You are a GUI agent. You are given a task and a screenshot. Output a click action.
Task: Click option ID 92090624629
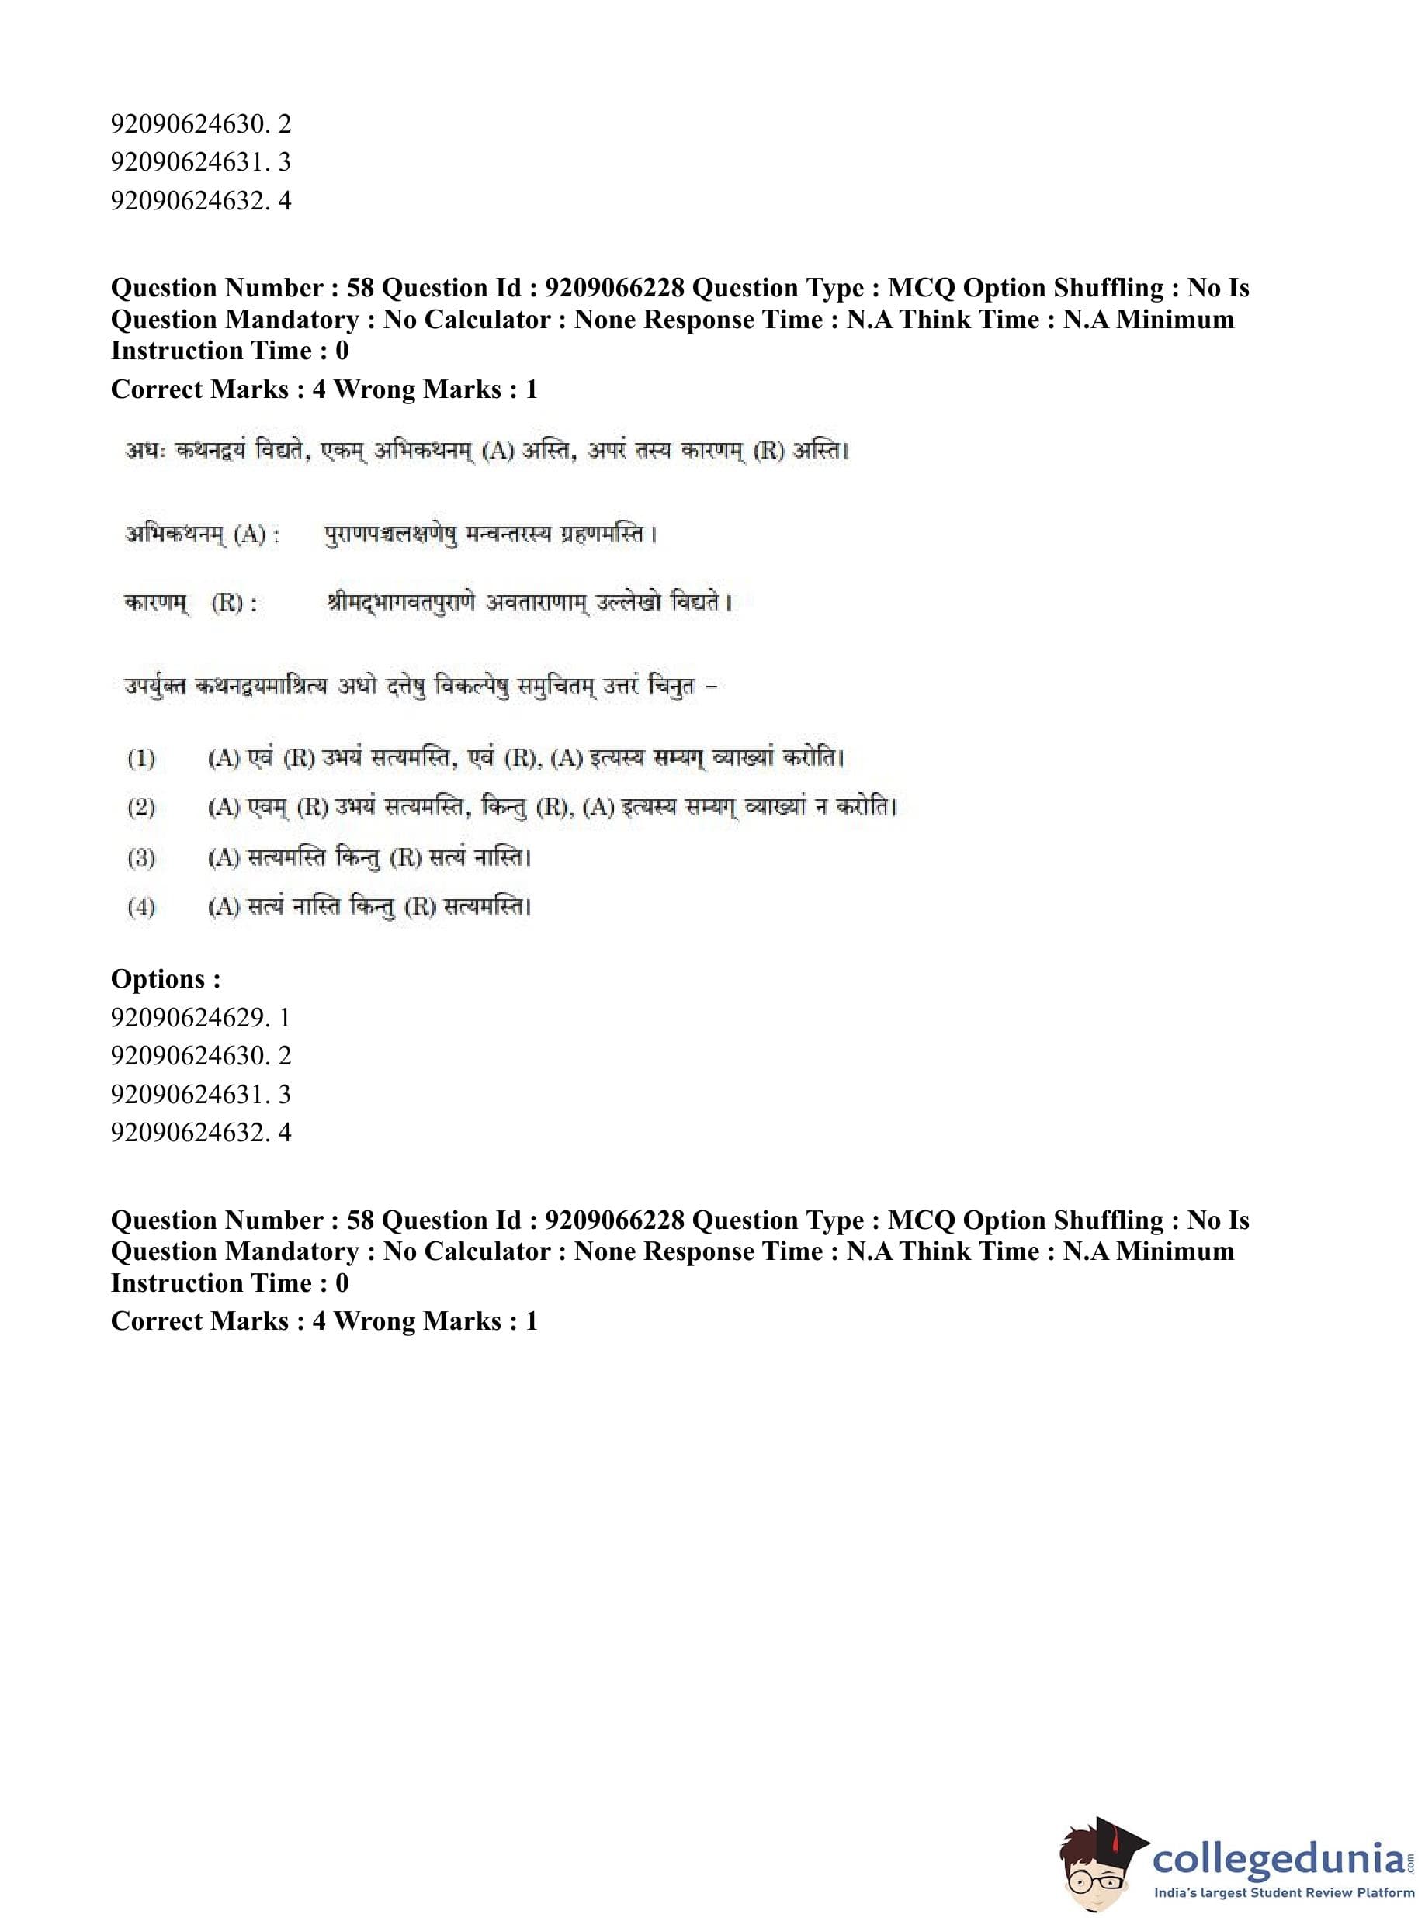point(199,1017)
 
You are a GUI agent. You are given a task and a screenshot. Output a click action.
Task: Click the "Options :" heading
point(165,978)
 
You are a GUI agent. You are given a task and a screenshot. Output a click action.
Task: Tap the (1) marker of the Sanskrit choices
point(141,759)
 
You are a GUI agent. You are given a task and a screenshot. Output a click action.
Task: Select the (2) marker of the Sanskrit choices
point(141,808)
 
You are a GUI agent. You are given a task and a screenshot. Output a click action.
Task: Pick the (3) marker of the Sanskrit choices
point(141,858)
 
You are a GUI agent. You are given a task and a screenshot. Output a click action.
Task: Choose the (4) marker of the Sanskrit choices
point(141,907)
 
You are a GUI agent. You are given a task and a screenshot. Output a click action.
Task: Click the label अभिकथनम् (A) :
point(202,535)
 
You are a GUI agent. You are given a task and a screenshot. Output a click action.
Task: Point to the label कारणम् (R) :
point(191,603)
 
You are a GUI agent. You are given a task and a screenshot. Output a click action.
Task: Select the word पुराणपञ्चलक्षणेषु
point(390,535)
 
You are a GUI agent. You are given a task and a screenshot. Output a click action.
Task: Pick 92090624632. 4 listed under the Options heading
point(200,1132)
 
